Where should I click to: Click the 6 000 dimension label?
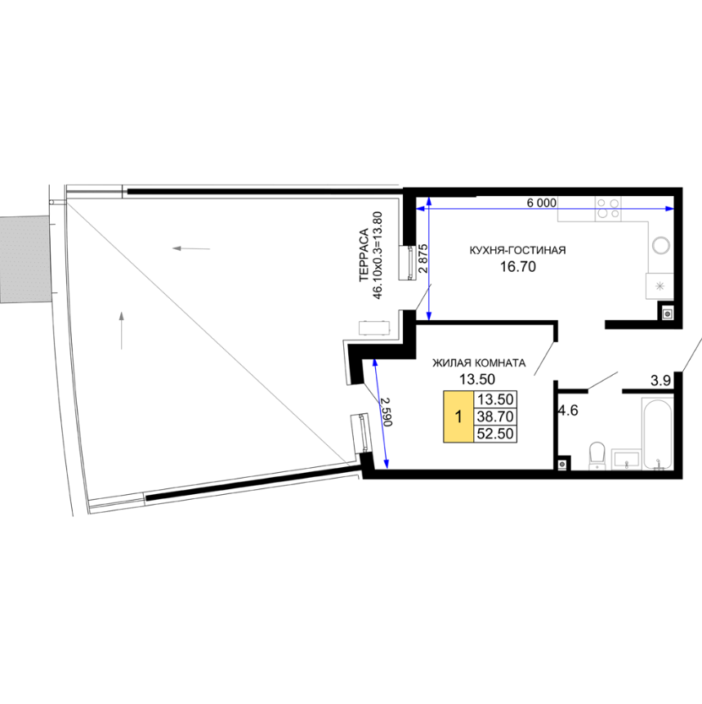(541, 203)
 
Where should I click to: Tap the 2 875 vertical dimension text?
(423, 259)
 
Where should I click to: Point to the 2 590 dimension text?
(387, 412)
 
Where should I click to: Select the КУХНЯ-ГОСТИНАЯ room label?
(517, 250)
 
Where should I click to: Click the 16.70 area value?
(518, 267)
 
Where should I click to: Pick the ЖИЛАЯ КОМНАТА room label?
(479, 363)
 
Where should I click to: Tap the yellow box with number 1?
(458, 417)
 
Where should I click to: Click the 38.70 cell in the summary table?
(495, 417)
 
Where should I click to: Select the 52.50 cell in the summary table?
(495, 434)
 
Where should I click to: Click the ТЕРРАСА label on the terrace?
(364, 255)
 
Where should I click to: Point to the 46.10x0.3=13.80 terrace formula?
(378, 256)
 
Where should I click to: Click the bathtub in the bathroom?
(656, 434)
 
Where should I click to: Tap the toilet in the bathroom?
(597, 455)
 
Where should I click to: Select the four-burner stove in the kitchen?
(608, 209)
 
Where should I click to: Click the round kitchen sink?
(661, 246)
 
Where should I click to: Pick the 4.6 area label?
(568, 410)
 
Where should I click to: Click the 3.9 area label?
(660, 381)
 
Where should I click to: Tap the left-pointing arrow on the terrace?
(191, 248)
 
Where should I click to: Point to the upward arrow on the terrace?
(122, 331)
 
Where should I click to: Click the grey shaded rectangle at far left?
(25, 259)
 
